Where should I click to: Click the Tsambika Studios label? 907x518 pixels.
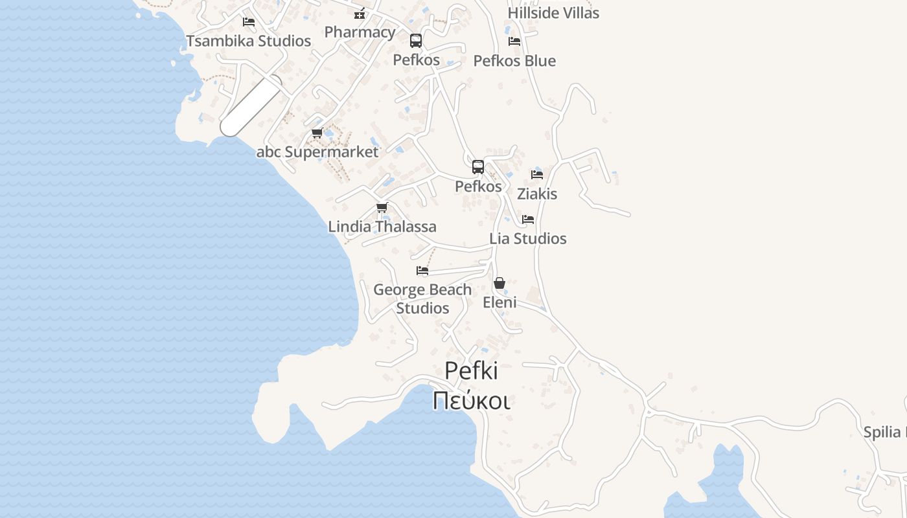tap(249, 41)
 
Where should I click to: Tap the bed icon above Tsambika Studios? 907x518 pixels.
tap(248, 22)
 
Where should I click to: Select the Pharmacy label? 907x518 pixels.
tap(360, 32)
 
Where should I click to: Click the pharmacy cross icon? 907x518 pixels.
tap(360, 14)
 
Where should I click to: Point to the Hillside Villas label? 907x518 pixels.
tap(553, 13)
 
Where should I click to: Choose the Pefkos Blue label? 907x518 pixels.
tap(514, 61)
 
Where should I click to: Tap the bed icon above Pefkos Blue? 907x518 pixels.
tap(514, 41)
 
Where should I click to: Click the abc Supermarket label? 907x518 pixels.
tap(317, 152)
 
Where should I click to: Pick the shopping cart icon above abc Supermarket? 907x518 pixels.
tap(317, 133)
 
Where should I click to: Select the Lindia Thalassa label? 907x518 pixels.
tap(382, 227)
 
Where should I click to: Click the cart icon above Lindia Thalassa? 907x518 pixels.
tap(382, 208)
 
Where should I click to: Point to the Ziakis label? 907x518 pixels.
tap(537, 194)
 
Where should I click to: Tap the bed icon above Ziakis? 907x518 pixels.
tap(537, 175)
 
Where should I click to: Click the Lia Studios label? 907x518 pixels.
tap(528, 239)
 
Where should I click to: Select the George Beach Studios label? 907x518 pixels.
tap(422, 298)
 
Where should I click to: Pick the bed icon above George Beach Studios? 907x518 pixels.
tap(422, 271)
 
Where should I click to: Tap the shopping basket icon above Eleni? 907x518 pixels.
tap(499, 284)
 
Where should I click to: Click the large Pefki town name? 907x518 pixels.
tap(471, 371)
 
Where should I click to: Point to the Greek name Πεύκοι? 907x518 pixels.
tap(471, 401)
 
